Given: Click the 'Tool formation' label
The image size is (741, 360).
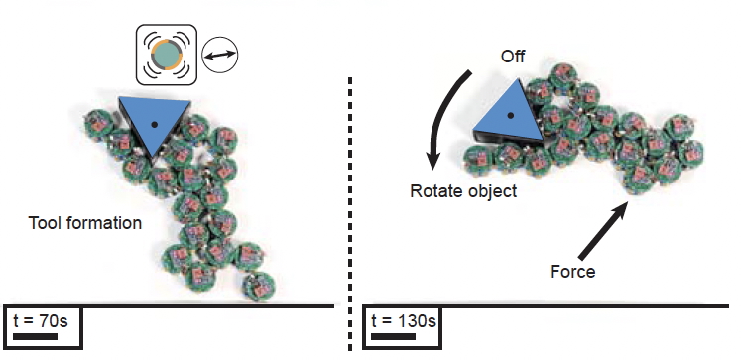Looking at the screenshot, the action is pyautogui.click(x=85, y=222).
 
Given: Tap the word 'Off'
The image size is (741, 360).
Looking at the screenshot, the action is pyautogui.click(x=513, y=58).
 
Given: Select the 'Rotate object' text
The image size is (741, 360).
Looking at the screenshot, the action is pyautogui.click(x=463, y=191).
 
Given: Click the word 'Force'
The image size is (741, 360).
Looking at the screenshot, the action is pyautogui.click(x=572, y=272).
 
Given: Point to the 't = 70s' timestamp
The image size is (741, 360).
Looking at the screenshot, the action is pyautogui.click(x=40, y=320).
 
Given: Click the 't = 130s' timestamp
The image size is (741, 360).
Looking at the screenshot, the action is pyautogui.click(x=404, y=320).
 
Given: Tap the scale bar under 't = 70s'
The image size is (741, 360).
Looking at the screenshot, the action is pyautogui.click(x=36, y=337).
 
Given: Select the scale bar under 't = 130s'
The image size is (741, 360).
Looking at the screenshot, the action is pyautogui.click(x=394, y=337).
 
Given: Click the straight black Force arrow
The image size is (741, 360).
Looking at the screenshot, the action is pyautogui.click(x=603, y=231).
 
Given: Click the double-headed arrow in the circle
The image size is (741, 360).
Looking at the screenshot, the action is pyautogui.click(x=220, y=55).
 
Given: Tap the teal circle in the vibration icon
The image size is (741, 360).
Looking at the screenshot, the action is pyautogui.click(x=166, y=55).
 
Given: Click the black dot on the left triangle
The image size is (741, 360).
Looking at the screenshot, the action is pyautogui.click(x=154, y=125).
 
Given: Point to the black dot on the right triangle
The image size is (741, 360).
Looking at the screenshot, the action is pyautogui.click(x=511, y=115).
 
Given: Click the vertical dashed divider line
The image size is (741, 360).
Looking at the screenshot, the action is pyautogui.click(x=350, y=214).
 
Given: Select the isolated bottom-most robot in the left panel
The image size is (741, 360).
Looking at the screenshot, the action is pyautogui.click(x=259, y=287).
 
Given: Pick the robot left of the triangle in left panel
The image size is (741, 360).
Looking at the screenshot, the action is pyautogui.click(x=99, y=124).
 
